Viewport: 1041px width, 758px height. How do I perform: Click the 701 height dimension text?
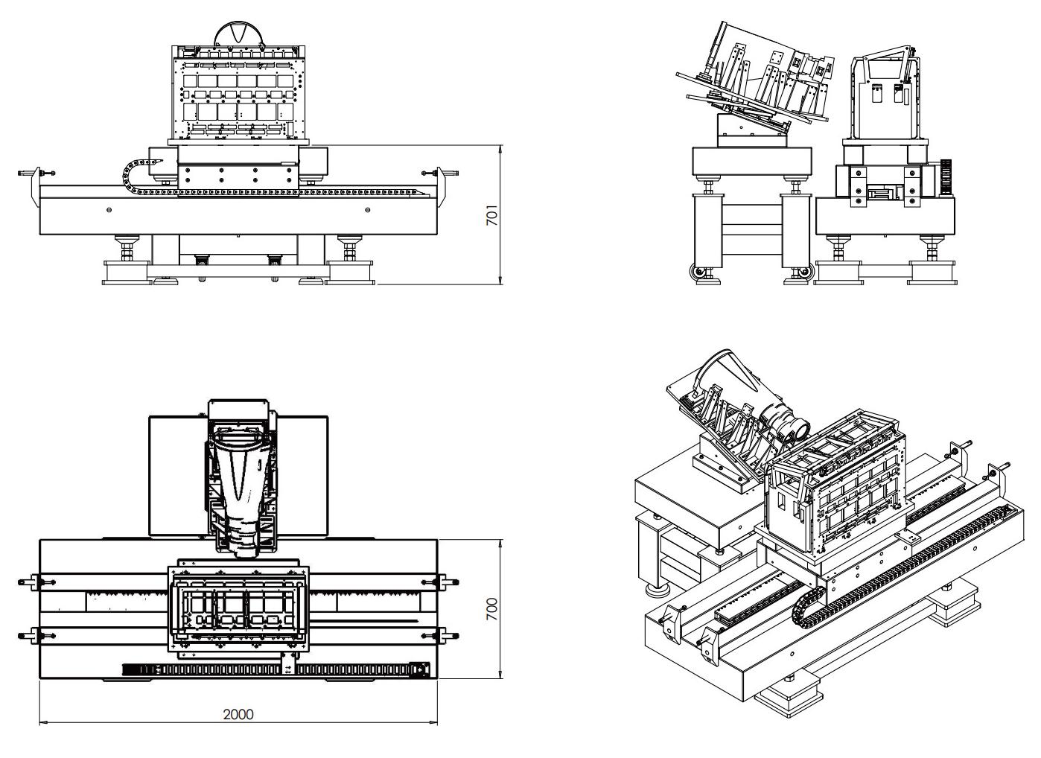491,216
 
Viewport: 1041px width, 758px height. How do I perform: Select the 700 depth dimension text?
491,610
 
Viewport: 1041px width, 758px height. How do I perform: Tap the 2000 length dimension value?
238,715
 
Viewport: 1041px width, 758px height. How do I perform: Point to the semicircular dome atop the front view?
238,34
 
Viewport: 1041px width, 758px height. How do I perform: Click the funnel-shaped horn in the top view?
240,477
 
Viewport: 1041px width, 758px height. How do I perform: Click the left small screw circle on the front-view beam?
109,210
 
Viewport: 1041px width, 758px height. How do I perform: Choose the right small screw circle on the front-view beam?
368,210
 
